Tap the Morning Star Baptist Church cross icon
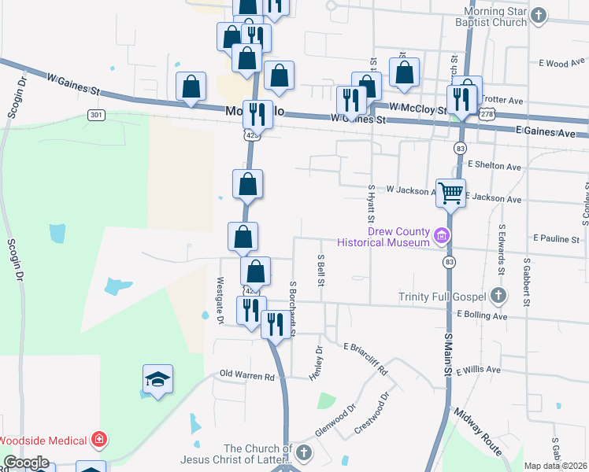pyautogui.click(x=539, y=16)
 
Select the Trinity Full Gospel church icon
pyautogui.click(x=497, y=296)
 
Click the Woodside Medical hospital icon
pyautogui.click(x=99, y=438)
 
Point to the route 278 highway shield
pyautogui.click(x=487, y=115)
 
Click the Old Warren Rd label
pyautogui.click(x=252, y=375)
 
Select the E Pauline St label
pyautogui.click(x=556, y=238)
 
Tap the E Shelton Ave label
pyautogui.click(x=495, y=166)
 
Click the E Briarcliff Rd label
pyautogui.click(x=365, y=357)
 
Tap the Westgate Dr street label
pyautogui.click(x=220, y=300)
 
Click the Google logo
pyautogui.click(x=25, y=463)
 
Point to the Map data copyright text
pyautogui.click(x=556, y=466)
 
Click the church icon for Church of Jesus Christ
pyautogui.click(x=304, y=453)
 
